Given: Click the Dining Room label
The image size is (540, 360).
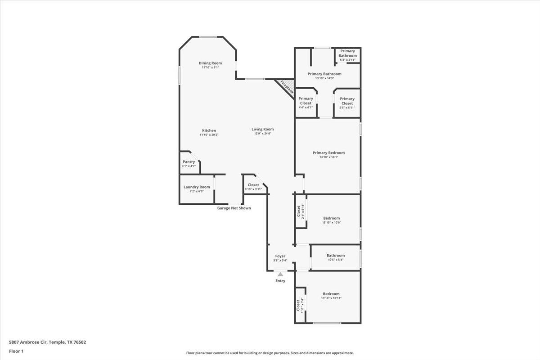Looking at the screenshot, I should coord(210,63).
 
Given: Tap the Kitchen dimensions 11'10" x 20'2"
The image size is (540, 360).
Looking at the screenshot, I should coord(209,135).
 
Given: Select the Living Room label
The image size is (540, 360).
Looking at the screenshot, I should coord(262,129).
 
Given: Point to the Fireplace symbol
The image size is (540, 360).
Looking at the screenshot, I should coord(287,87).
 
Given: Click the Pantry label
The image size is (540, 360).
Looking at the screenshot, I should coord(189,162).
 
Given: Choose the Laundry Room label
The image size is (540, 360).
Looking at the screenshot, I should coord(197,187).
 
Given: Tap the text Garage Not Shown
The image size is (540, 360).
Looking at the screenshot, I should coord(234,208).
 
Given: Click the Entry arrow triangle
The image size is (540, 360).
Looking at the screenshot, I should coord(280,274).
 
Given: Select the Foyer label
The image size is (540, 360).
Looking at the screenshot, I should coord(280,256).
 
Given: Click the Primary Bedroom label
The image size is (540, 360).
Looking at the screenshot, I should coord(328,153).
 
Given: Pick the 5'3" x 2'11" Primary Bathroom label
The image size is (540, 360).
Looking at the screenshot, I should coord(347,60).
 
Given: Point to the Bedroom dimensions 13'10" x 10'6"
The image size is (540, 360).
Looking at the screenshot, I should coord(331,222).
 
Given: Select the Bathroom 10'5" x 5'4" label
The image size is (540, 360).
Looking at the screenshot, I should coord(335,256).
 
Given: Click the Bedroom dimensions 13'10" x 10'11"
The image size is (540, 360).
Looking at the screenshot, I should coord(331,298).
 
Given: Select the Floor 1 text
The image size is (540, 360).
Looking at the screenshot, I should coord(16,351).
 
